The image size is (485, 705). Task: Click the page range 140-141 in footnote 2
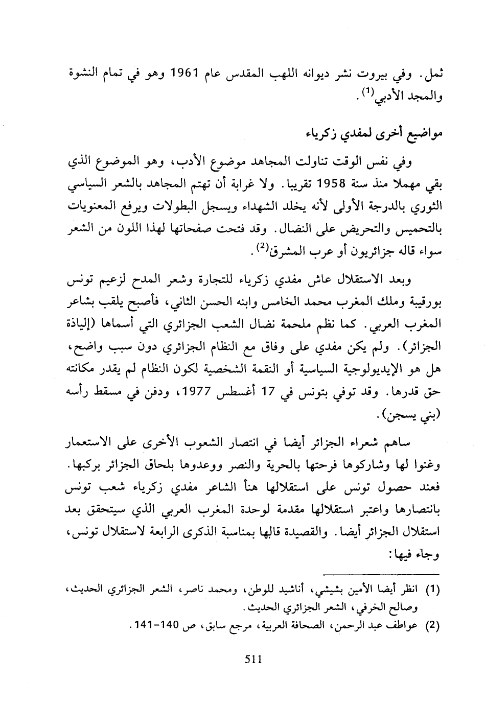tap(153, 626)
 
